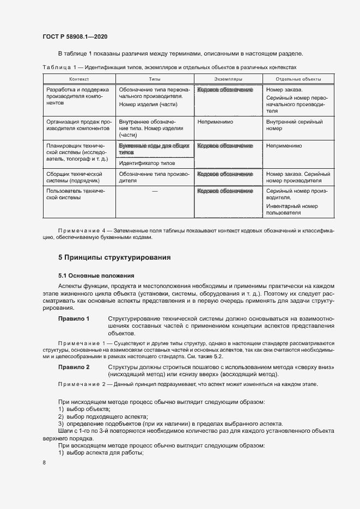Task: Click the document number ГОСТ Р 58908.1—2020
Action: (75, 36)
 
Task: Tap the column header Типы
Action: (155, 79)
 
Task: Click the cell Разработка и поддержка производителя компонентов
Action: (78, 96)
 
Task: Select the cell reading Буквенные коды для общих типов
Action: (154, 150)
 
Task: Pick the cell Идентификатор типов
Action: (147, 163)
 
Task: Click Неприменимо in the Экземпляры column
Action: (215, 122)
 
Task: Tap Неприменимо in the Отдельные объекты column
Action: (284, 146)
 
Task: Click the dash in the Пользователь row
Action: (155, 191)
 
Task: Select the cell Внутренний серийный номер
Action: (295, 126)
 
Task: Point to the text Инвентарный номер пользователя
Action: (292, 210)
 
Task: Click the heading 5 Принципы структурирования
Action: (114, 256)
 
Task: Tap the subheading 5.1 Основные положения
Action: (92, 275)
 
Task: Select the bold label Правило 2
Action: (74, 367)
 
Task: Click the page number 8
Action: (44, 462)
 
